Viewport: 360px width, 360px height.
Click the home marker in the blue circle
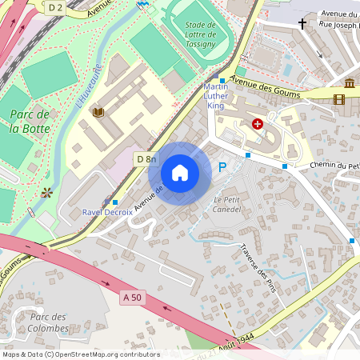(180, 173)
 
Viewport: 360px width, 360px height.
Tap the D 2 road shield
(54, 6)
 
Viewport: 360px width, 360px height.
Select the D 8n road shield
(146, 159)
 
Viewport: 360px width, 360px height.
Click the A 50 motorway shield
(132, 297)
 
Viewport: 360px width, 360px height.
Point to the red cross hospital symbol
(258, 124)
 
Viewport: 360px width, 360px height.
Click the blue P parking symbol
(223, 166)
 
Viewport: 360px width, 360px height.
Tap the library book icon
(98, 113)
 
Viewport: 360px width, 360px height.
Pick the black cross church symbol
(302, 25)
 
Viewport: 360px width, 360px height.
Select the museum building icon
(350, 83)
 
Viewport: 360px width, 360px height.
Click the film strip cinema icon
(339, 99)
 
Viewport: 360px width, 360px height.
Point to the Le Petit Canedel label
(228, 204)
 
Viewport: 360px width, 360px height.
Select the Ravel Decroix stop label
(107, 212)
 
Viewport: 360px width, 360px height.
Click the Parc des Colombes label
(43, 322)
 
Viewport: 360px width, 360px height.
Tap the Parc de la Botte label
(31, 120)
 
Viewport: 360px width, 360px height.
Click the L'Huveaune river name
(88, 86)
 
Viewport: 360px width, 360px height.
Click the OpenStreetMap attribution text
(81, 354)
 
